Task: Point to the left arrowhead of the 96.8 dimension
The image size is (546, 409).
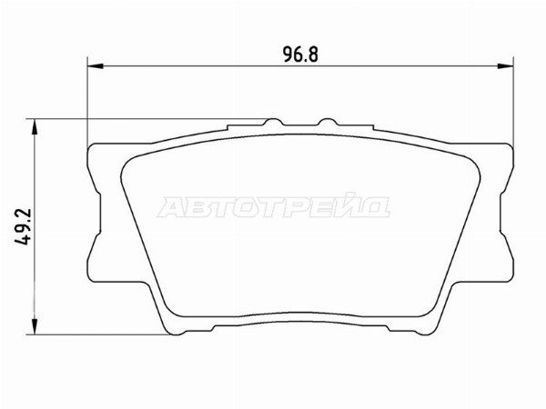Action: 93,65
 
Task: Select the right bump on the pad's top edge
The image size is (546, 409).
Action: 325,122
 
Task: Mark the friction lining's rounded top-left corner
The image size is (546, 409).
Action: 127,156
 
